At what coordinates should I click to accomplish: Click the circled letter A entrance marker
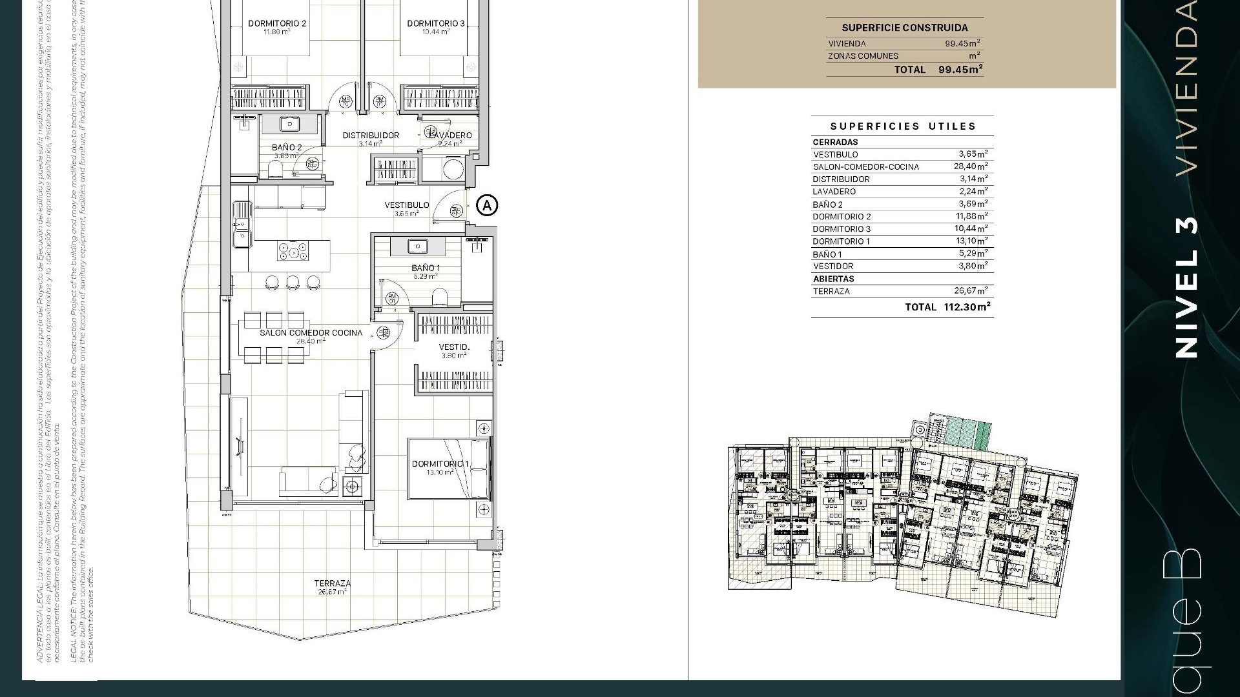coord(487,205)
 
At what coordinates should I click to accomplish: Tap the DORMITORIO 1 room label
coord(440,464)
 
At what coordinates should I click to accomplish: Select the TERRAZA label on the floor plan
coord(333,583)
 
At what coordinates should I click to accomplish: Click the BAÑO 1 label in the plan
coord(426,268)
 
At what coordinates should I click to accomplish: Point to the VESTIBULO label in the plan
coord(406,205)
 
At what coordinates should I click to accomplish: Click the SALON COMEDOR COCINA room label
coord(311,333)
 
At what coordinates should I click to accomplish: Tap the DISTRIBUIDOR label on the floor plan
coord(371,136)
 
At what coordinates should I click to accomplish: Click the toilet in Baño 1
coord(440,297)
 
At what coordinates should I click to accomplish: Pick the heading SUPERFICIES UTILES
coord(902,126)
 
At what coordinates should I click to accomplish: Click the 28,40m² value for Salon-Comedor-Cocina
coord(971,167)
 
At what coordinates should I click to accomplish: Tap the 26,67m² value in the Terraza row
coord(971,291)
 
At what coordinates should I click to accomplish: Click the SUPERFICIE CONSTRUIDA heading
coord(904,28)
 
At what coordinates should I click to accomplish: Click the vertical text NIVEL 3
coord(1186,287)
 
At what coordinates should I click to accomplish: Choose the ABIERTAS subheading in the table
coord(833,279)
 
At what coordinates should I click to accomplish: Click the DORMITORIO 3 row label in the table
coord(841,229)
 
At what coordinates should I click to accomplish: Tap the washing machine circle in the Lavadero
coord(453,170)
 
